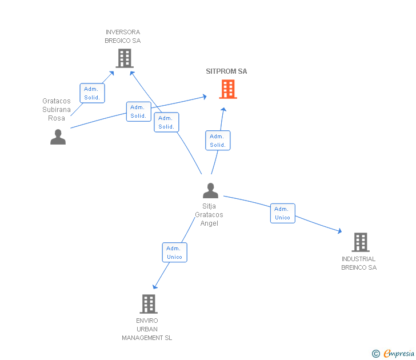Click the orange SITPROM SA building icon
[228, 89]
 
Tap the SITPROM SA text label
[226, 71]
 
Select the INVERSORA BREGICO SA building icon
[125, 58]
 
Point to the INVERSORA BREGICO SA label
[122, 37]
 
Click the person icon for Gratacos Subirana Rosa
[58, 137]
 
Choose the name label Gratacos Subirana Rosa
[57, 109]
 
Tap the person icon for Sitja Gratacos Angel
[210, 190]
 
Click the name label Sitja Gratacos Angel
[209, 215]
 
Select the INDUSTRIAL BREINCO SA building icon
[361, 242]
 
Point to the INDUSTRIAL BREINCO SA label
[359, 263]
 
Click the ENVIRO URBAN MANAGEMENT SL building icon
[149, 304]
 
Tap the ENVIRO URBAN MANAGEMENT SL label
[147, 329]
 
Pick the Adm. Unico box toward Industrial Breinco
[282, 213]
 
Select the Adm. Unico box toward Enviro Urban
[175, 253]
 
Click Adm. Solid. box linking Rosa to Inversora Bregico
[93, 93]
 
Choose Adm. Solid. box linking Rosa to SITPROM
[138, 111]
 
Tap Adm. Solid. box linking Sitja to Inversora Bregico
[166, 122]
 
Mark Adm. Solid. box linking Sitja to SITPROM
[218, 141]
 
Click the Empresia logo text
[398, 353]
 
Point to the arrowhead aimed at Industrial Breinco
[339, 231]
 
